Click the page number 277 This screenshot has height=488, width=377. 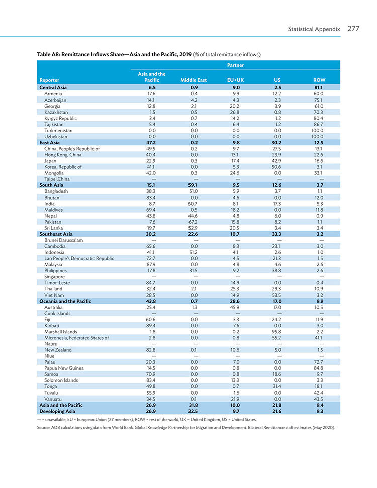click(x=353, y=29)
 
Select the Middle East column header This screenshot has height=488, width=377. click(x=194, y=80)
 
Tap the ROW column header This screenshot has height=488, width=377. click(x=319, y=80)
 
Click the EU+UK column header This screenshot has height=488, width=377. click(x=235, y=80)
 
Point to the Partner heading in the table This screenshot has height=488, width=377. click(x=235, y=65)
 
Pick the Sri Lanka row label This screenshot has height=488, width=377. click(x=54, y=228)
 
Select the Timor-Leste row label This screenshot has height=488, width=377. click(x=57, y=283)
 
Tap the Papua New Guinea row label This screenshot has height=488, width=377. click(x=64, y=368)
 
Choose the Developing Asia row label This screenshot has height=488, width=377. click(x=57, y=411)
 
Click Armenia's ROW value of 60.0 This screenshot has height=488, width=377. click(x=319, y=93)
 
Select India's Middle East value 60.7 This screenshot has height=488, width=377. click(x=193, y=204)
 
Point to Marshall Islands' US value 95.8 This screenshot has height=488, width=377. click(x=276, y=332)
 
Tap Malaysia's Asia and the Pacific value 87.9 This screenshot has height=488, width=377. click(x=151, y=264)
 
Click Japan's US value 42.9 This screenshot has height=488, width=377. click(x=276, y=161)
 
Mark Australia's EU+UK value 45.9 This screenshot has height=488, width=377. click(x=235, y=307)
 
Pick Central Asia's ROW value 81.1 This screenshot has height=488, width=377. click(x=319, y=88)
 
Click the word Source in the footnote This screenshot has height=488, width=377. click(x=43, y=428)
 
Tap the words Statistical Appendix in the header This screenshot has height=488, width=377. click(x=314, y=29)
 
